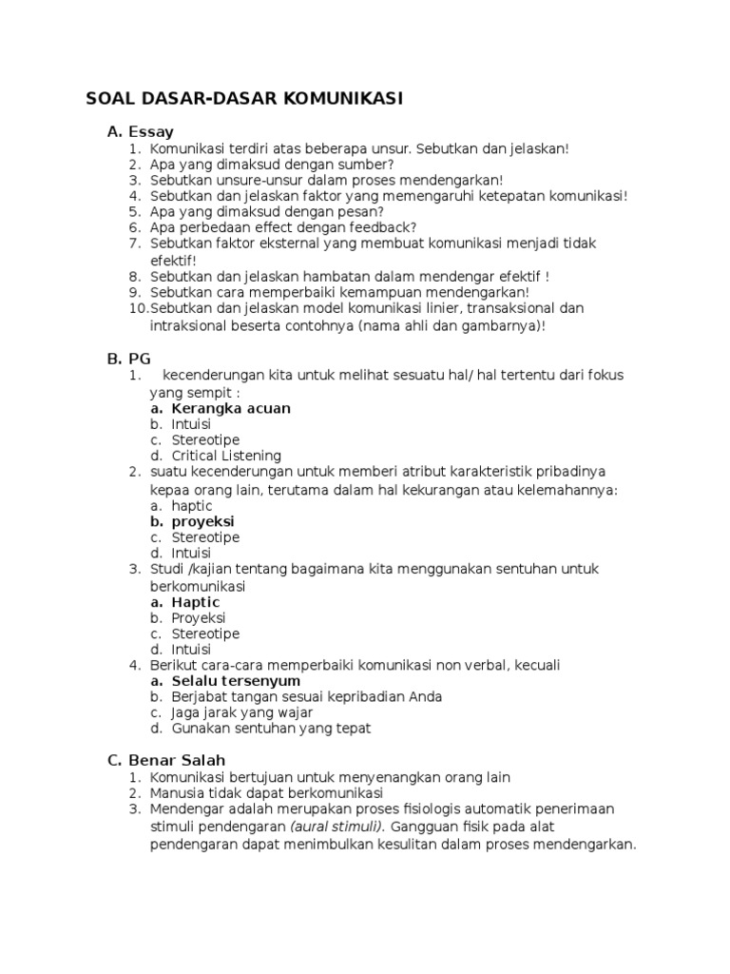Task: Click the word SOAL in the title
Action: tap(111, 98)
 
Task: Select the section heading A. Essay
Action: tap(140, 132)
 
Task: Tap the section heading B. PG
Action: tap(128, 358)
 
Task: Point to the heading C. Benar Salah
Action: tap(165, 760)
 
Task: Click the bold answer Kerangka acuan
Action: tap(231, 408)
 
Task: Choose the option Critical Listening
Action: tap(226, 456)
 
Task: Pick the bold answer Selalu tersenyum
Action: tap(236, 681)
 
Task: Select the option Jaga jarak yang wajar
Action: tap(241, 712)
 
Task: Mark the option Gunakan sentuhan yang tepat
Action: tap(271, 729)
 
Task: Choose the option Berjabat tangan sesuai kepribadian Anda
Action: tap(294, 696)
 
